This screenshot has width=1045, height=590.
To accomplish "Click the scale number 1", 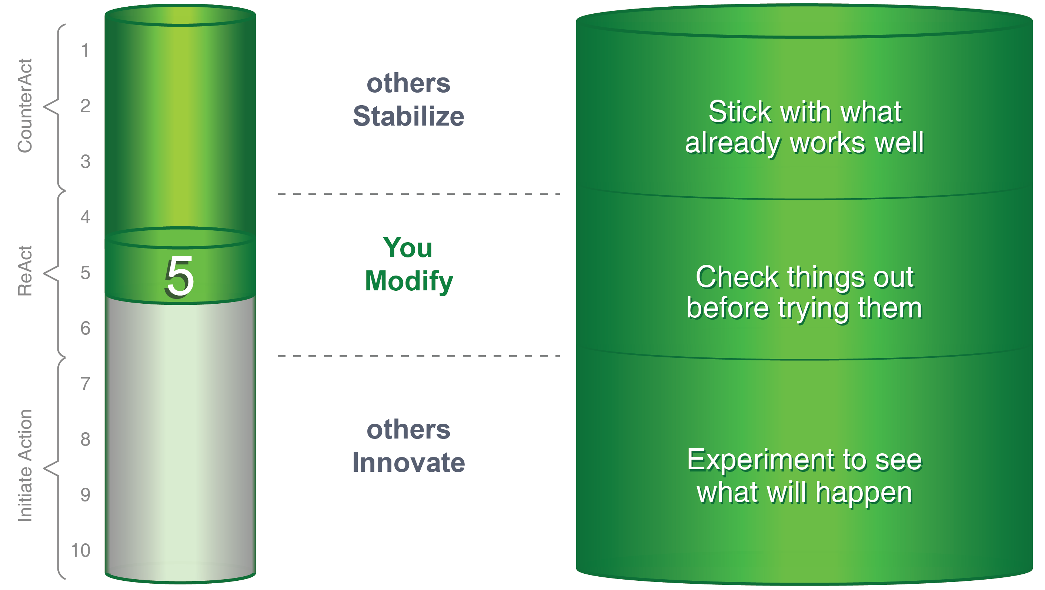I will [85, 51].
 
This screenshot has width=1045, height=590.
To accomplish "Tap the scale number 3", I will [85, 161].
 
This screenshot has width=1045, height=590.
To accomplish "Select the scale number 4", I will [85, 217].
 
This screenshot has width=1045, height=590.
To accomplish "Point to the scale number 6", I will [85, 328].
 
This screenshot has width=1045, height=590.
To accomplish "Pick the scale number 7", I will [85, 384].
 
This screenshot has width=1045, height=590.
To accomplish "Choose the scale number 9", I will [85, 495].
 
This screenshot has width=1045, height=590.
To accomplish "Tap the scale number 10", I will [80, 551].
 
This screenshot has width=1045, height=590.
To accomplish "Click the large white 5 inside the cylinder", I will [179, 277].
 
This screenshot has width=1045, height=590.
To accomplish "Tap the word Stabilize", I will [408, 116].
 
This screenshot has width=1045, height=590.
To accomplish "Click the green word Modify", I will [409, 281].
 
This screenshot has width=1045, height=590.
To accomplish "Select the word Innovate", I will [408, 463].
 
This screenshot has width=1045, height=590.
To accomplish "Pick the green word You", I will [408, 247].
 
